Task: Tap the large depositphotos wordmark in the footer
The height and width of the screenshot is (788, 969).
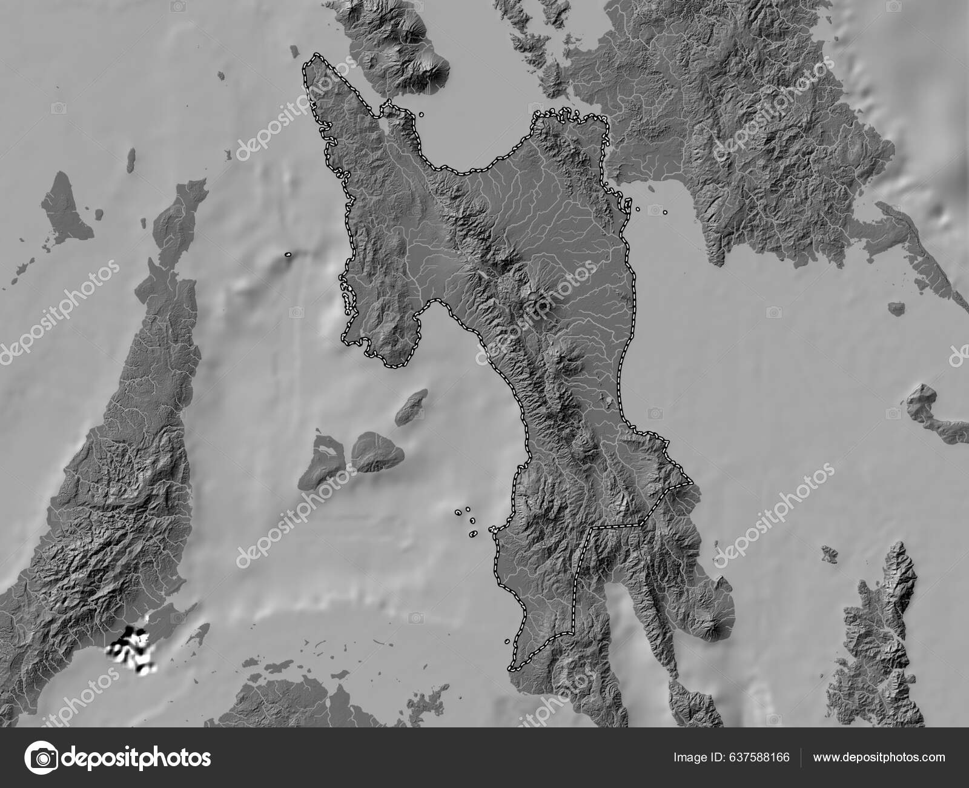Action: tap(137, 758)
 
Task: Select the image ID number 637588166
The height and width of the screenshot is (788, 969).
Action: tap(759, 758)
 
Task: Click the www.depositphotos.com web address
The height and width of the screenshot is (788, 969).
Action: tap(879, 758)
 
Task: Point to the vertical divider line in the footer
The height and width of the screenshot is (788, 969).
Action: tap(802, 758)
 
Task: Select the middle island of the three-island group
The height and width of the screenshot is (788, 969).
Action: tap(377, 452)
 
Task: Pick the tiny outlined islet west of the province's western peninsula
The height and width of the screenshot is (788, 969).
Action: tap(288, 255)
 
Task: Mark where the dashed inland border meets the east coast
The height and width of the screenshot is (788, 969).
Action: tap(691, 483)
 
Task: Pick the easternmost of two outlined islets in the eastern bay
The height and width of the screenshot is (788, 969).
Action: tap(665, 213)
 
